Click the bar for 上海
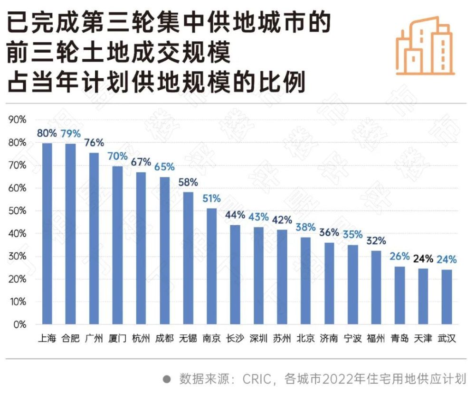point(47,233)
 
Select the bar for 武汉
point(446,297)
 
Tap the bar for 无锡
point(188,258)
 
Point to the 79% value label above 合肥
point(71,133)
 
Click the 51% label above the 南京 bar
point(212,198)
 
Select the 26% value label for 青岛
point(399,257)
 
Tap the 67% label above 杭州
point(141,162)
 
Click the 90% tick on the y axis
point(17,120)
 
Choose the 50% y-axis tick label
point(17,211)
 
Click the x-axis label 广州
point(94,339)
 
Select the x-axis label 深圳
point(258,339)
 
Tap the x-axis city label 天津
point(423,339)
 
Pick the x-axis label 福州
point(376,339)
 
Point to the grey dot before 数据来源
point(167,379)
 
